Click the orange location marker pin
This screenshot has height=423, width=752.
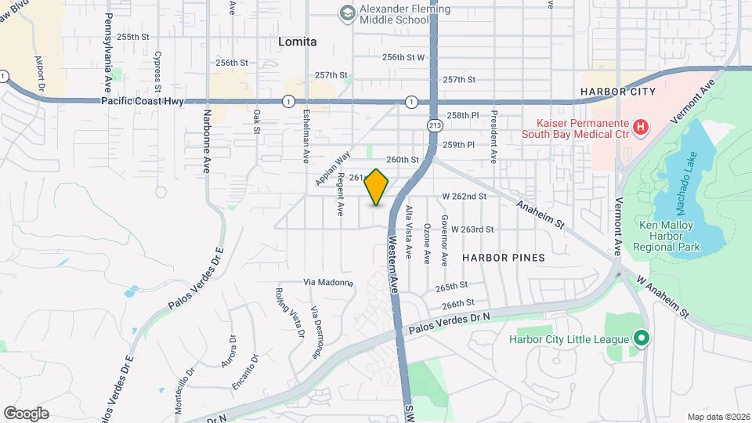[x=377, y=187]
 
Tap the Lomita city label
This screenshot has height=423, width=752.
[x=298, y=42]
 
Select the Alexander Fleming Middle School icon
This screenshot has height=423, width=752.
[x=346, y=13]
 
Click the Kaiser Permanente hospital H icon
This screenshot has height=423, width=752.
[x=641, y=126]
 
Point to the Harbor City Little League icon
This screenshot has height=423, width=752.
[x=642, y=339]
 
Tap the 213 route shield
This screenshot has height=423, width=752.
[x=436, y=125]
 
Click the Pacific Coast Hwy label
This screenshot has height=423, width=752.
[x=142, y=101]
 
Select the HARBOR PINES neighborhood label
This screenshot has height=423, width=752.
[x=503, y=257]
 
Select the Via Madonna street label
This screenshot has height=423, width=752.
[x=328, y=282]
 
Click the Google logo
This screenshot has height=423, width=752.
[x=26, y=413]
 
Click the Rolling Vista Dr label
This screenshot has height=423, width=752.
[x=289, y=313]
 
